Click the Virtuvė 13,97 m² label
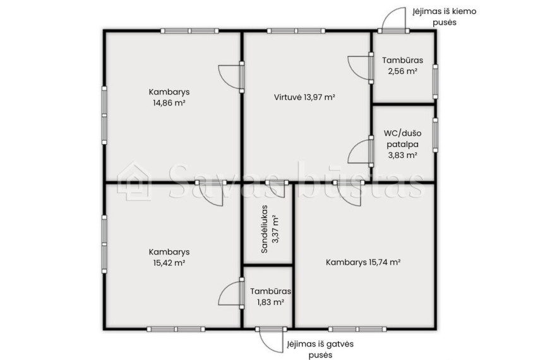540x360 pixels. (x=304, y=97)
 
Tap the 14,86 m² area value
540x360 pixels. (x=169, y=103)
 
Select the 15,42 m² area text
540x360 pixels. (x=169, y=263)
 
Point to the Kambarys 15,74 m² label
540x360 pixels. (x=363, y=263)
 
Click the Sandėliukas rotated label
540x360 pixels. (x=265, y=229)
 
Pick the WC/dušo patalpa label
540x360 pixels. (x=402, y=138)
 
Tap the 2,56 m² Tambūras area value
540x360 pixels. (x=402, y=71)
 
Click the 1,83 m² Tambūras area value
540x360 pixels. (x=270, y=302)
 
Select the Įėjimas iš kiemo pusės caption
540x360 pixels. (x=445, y=16)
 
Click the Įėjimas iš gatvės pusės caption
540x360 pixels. (x=320, y=349)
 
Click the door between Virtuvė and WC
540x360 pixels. (x=360, y=151)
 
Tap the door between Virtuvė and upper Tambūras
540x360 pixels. (x=360, y=68)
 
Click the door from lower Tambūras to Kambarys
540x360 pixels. (x=231, y=293)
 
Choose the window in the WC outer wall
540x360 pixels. (x=435, y=135)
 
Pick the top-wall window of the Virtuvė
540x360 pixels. (x=296, y=31)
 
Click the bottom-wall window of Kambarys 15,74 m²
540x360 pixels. (x=357, y=329)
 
